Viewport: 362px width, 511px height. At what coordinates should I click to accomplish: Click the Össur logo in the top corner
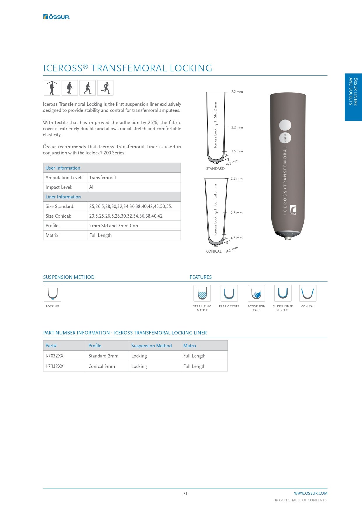[57, 17]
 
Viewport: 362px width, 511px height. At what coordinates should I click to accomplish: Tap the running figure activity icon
[105, 88]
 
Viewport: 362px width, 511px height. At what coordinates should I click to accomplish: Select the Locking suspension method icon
[53, 293]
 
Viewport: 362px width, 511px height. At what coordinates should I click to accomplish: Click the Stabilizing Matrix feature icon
[202, 293]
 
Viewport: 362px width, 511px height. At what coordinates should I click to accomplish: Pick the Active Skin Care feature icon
[256, 293]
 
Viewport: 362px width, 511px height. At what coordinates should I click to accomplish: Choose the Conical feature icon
[308, 293]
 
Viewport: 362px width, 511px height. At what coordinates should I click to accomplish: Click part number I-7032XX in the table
[55, 356]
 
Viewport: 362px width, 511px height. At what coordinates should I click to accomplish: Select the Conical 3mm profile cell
[102, 366]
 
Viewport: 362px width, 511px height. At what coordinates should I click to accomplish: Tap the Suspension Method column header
[151, 346]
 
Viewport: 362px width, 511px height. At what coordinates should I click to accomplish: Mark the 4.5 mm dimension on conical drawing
[237, 238]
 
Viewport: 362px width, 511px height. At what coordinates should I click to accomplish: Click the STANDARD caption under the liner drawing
[215, 169]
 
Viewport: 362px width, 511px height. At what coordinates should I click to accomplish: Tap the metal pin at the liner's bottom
[288, 238]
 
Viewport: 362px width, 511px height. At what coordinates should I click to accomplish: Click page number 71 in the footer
[185, 494]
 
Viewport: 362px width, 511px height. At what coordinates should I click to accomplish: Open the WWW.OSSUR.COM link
[310, 493]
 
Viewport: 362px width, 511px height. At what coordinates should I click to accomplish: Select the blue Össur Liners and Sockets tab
[353, 97]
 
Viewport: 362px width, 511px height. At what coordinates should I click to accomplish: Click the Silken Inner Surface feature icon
[283, 293]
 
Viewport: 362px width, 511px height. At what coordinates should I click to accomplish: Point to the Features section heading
[201, 277]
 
